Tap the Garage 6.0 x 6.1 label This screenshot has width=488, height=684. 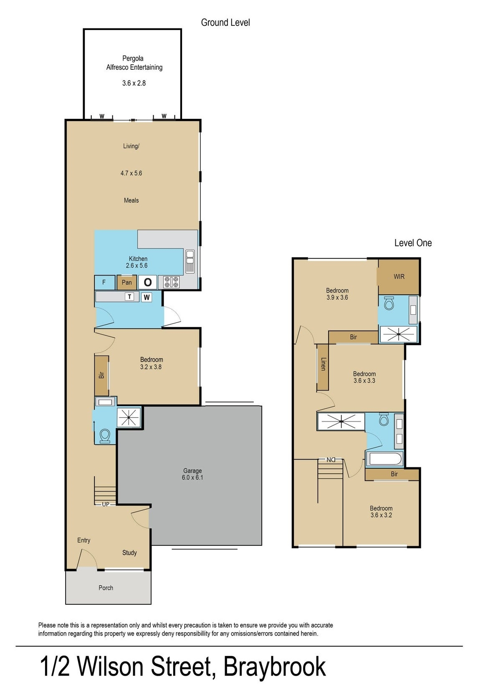click(192, 474)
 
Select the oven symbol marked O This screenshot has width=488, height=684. click(147, 283)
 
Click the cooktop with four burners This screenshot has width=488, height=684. click(171, 282)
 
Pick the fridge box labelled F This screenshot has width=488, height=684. click(104, 283)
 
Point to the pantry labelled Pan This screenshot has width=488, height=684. click(126, 283)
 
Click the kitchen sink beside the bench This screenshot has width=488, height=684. click(190, 261)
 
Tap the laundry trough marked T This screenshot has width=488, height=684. click(130, 297)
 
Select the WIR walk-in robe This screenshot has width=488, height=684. click(399, 276)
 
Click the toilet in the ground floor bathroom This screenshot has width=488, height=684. click(105, 436)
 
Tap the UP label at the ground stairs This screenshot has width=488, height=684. click(106, 504)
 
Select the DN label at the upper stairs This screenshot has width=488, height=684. click(331, 459)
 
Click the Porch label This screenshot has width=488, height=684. click(106, 588)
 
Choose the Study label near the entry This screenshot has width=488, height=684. click(129, 553)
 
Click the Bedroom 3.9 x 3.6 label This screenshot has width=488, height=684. click(337, 294)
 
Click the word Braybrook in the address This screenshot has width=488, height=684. click(274, 667)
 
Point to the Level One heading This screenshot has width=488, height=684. click(412, 243)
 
